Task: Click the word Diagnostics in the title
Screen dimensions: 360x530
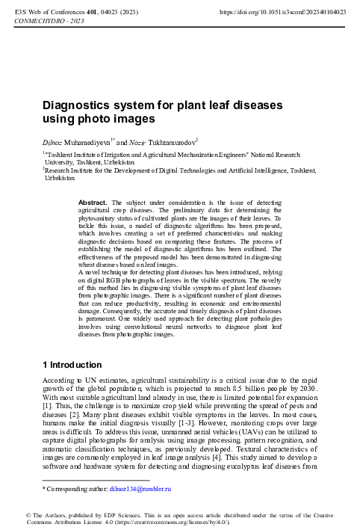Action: tap(76, 105)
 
